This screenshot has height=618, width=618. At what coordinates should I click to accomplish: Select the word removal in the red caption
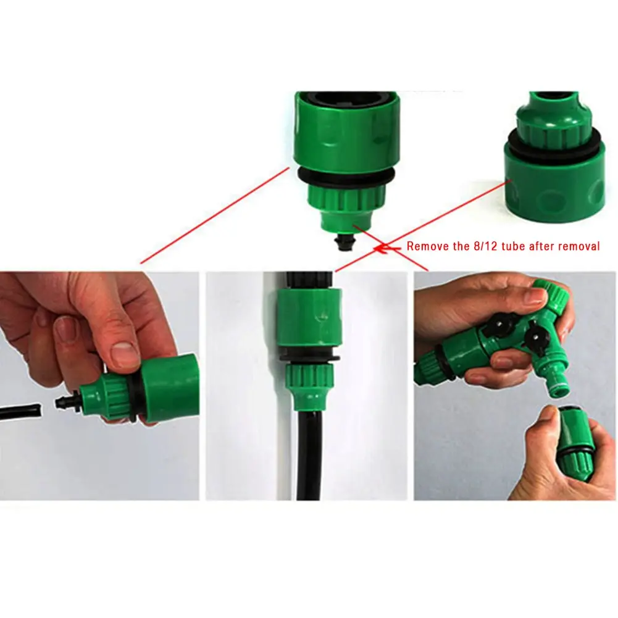(578, 246)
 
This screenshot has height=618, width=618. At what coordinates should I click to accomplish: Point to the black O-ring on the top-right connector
(554, 143)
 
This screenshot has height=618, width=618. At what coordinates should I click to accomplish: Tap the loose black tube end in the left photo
(20, 411)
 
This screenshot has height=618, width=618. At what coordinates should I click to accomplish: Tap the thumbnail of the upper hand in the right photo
(535, 296)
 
